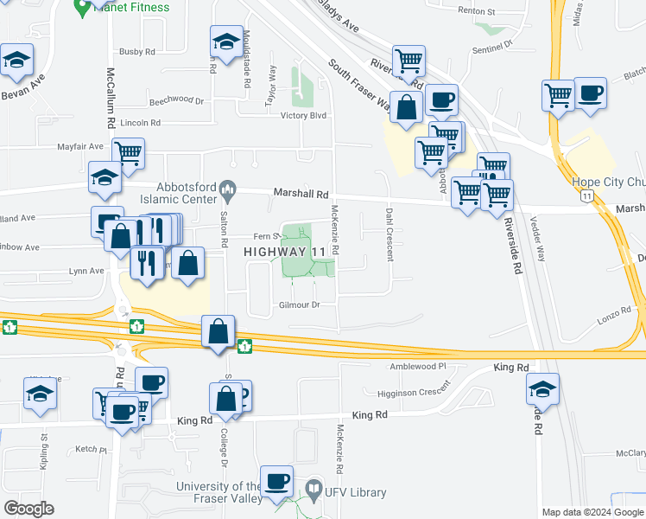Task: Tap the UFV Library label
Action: pos(356,492)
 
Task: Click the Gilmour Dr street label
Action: pos(300,305)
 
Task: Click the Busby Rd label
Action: pos(137,52)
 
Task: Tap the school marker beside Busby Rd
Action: pos(225,42)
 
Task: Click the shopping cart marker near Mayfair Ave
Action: pos(128,154)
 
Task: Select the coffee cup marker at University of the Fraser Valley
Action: pos(277,481)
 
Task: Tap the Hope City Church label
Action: pos(608,183)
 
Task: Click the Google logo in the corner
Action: pos(28,509)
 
